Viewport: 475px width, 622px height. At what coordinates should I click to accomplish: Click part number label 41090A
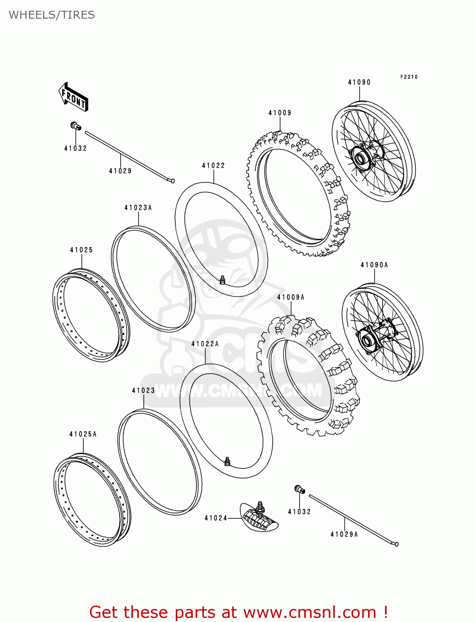click(374, 265)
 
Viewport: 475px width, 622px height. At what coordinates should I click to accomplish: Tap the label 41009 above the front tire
click(280, 113)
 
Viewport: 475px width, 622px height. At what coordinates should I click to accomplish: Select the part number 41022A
click(205, 344)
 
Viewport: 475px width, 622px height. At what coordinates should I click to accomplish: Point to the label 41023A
click(138, 208)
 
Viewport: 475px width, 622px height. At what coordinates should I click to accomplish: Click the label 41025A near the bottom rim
click(83, 434)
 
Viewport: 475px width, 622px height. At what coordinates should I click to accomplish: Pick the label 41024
click(216, 518)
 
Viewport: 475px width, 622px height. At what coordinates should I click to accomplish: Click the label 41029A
click(344, 535)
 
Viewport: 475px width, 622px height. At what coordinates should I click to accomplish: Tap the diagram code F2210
click(409, 77)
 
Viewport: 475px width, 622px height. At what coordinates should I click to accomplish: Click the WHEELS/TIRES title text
click(52, 15)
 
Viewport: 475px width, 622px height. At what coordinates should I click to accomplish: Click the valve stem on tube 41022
click(222, 280)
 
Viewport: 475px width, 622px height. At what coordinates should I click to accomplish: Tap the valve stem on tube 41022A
click(227, 461)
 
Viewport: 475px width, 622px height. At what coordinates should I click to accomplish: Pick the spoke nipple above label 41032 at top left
click(75, 126)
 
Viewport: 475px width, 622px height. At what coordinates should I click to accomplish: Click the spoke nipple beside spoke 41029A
click(299, 489)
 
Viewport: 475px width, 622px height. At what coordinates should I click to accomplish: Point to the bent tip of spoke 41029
click(172, 180)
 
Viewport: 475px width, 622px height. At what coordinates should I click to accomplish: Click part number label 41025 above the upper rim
click(81, 250)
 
